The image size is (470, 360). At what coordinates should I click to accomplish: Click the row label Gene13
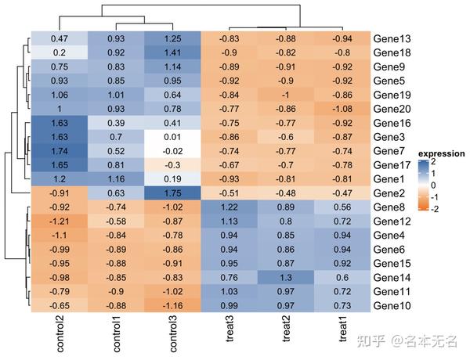point(392,38)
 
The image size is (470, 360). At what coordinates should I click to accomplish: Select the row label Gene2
point(389,193)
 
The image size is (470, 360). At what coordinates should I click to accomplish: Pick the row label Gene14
point(392,277)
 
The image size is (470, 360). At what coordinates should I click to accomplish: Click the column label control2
point(60,332)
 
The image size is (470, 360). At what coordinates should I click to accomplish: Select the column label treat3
point(229,329)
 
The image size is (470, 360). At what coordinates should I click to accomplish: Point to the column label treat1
point(342,329)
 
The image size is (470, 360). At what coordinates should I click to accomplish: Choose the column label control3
point(173,332)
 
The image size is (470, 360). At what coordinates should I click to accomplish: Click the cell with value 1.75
point(173,193)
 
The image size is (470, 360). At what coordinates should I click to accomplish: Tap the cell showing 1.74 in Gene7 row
point(60,150)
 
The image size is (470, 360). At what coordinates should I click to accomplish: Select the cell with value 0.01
point(173,136)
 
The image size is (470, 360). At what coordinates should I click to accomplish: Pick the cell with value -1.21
point(60,221)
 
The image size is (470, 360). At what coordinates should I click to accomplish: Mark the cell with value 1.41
point(173,52)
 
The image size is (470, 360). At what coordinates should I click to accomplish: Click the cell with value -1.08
point(342,108)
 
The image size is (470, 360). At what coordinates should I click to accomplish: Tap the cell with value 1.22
point(229,207)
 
